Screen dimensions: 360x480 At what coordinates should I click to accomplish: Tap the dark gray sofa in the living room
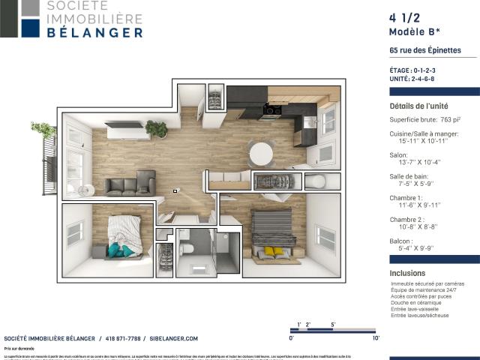pos(130,184)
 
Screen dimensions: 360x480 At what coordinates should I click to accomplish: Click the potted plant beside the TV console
pos(157,129)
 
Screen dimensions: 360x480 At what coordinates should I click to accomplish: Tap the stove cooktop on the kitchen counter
pos(271,111)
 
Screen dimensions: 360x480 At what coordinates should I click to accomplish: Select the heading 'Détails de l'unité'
pos(418,106)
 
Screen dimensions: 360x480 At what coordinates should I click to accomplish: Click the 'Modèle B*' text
pos(414,32)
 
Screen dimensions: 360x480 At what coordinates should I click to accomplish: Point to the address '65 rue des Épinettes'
pos(425,51)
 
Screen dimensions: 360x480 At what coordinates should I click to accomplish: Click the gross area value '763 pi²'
pos(450,119)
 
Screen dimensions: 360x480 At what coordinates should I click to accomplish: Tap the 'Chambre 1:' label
pos(406,197)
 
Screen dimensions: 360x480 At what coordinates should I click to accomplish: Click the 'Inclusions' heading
pos(407,273)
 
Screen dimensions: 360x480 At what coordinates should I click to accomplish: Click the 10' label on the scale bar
pos(376,338)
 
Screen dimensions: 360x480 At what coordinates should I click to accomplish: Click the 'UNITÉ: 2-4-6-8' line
pos(412,79)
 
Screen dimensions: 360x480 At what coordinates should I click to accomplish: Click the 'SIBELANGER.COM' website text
pos(173,338)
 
